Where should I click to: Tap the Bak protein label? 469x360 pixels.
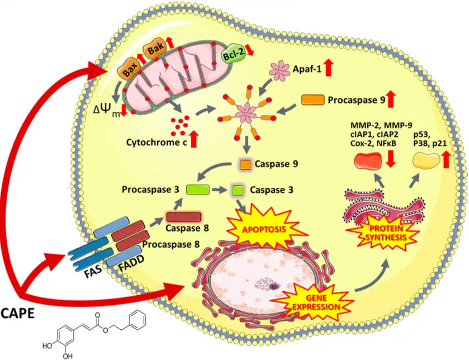pyautogui.click(x=154, y=53)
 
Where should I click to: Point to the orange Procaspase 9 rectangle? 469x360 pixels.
pyautogui.click(x=315, y=100)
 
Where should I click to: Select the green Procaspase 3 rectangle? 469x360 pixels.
pyautogui.click(x=197, y=190)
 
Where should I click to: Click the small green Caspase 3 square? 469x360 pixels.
pyautogui.click(x=238, y=190)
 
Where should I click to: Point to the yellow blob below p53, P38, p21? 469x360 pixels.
pyautogui.click(x=427, y=162)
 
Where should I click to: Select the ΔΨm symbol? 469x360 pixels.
pyautogui.click(x=111, y=106)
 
